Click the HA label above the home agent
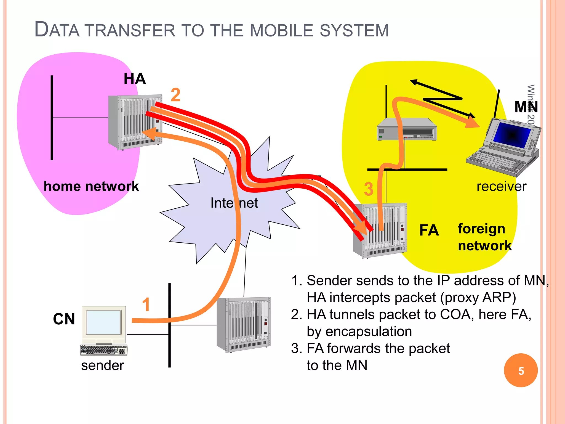coord(135,79)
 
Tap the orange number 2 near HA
coord(175,95)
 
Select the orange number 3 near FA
coord(369,189)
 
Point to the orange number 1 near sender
coord(146,305)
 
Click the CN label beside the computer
coord(64,319)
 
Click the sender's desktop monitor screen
coord(103,322)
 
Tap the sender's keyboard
coord(104,350)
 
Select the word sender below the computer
coord(102,365)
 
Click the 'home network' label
coord(91,186)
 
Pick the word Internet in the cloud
coord(234,203)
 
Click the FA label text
coord(429,230)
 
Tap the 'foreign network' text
coord(484,237)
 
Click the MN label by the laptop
coord(526,107)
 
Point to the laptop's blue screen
coord(513,135)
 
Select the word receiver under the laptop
coord(502,187)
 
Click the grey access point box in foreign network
coord(407,129)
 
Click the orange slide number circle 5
coord(521,370)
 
